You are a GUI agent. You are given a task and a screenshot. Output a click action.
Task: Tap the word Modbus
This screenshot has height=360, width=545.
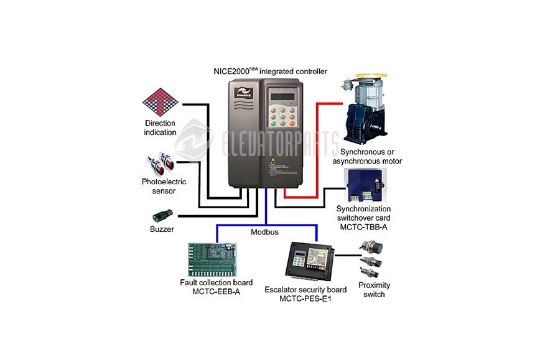pyautogui.click(x=264, y=231)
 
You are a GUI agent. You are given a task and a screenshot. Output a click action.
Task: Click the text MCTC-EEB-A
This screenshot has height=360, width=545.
pyautogui.click(x=217, y=292)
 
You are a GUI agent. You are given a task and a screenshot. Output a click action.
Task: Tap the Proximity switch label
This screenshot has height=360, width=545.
pyautogui.click(x=374, y=289)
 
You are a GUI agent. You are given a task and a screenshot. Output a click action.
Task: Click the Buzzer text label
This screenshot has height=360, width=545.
pyautogui.click(x=162, y=229)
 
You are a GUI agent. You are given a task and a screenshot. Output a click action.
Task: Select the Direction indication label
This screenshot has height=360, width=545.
pyautogui.click(x=161, y=127)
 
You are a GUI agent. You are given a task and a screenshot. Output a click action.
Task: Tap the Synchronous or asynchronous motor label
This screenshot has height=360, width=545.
pyautogui.click(x=367, y=156)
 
